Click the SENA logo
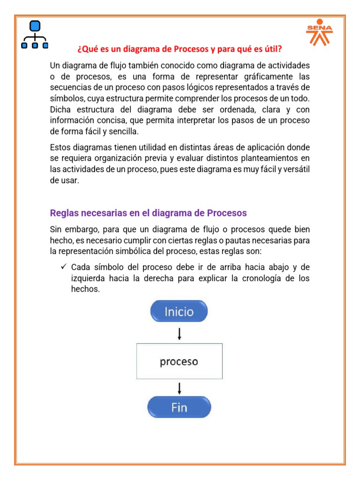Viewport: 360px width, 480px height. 319,32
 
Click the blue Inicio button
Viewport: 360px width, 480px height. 179,311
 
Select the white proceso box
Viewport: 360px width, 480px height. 179,361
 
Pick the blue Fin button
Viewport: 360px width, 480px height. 179,407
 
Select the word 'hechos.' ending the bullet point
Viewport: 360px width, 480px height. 82,289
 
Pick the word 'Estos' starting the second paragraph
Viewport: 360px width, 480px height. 60,147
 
